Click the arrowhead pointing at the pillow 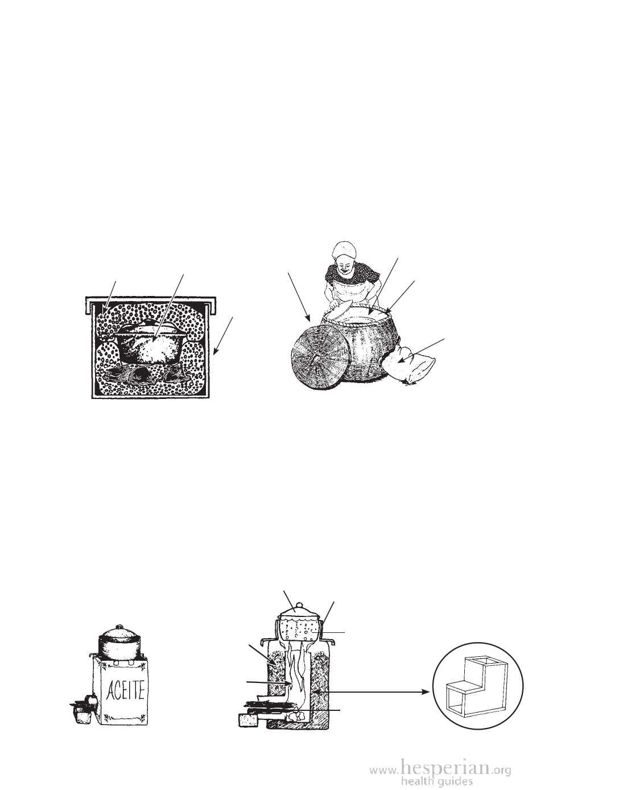[401, 361]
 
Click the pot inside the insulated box [149, 341]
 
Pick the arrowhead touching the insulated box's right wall [216, 351]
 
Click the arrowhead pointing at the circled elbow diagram [426, 692]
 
